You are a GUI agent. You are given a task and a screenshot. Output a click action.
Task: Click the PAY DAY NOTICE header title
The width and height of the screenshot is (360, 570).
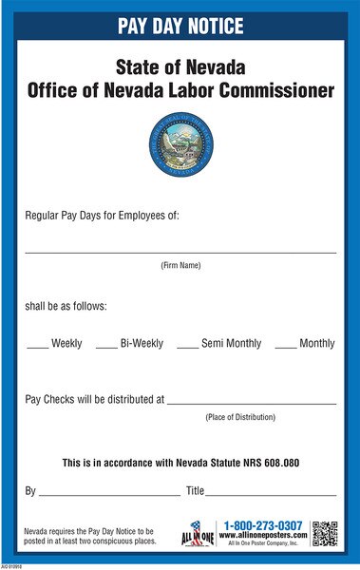tap(180, 26)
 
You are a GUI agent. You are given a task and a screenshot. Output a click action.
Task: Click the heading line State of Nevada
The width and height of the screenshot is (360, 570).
tap(180, 68)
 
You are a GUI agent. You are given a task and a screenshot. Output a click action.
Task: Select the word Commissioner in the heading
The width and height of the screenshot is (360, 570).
tap(281, 92)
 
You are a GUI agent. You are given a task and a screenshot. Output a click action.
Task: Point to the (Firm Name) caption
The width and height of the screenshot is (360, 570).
tap(180, 265)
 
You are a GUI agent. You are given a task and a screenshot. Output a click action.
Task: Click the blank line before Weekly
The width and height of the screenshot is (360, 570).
tap(37, 348)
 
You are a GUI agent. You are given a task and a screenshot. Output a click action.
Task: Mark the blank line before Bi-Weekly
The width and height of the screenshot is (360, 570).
tap(106, 348)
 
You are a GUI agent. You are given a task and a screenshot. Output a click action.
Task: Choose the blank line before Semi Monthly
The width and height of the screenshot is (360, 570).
tap(187, 348)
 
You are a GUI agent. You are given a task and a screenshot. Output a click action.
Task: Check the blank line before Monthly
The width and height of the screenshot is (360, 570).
tap(285, 348)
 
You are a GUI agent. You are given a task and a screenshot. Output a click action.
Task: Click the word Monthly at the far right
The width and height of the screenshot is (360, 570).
tap(316, 343)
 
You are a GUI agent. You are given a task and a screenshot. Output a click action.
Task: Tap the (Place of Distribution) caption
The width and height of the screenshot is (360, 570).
tap(240, 417)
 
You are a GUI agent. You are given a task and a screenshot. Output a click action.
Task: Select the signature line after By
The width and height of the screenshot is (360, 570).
tap(109, 495)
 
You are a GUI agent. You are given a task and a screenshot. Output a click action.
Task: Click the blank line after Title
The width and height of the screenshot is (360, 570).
tap(271, 495)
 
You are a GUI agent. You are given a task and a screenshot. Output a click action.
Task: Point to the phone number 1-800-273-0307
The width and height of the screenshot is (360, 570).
tap(263, 525)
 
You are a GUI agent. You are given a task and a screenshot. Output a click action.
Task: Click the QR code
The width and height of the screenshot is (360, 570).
tap(325, 534)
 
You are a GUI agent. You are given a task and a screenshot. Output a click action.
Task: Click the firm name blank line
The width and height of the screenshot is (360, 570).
tap(180, 253)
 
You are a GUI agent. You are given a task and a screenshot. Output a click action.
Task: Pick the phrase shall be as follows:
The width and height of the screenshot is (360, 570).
tap(66, 306)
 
